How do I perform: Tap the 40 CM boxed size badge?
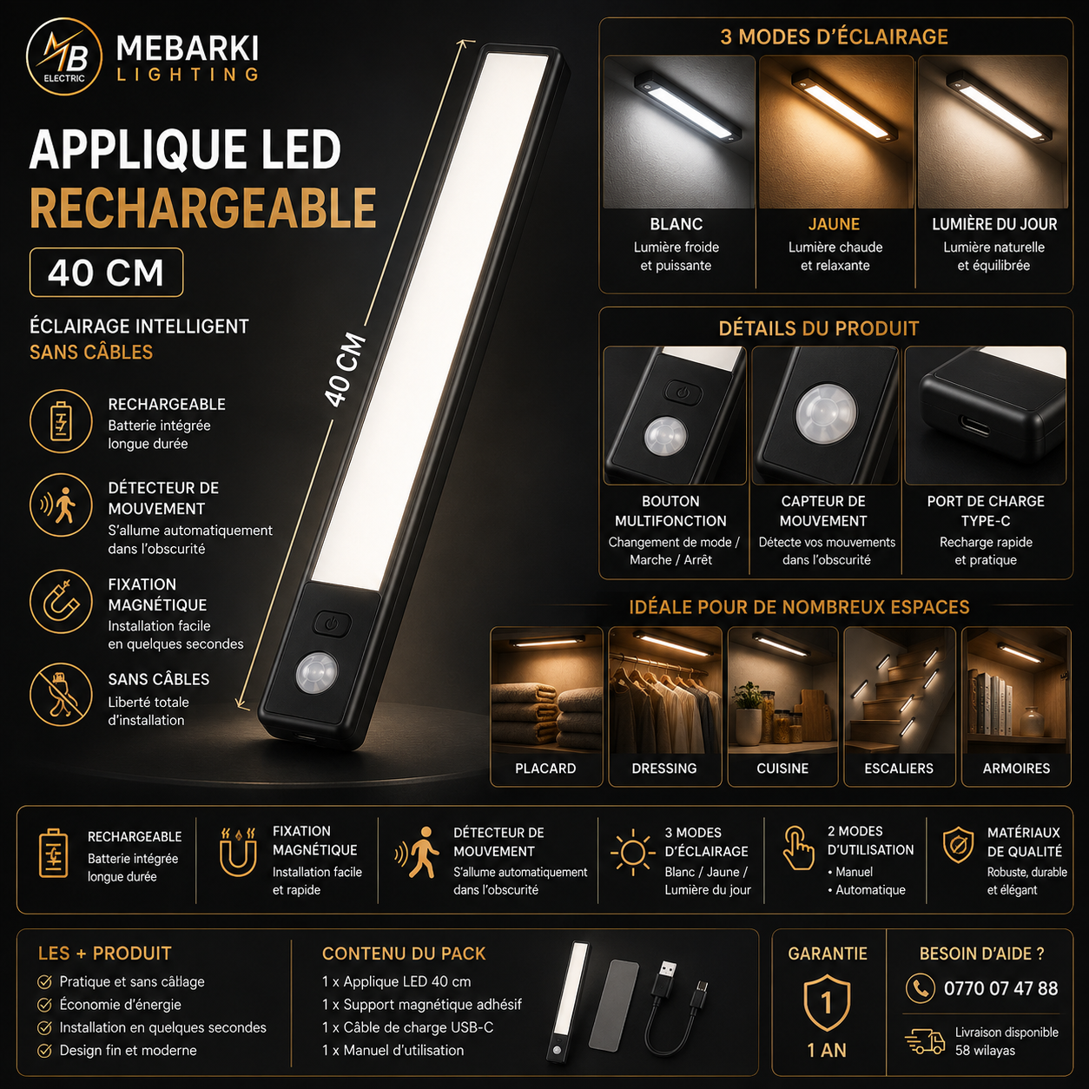click(106, 273)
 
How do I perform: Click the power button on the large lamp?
click(333, 624)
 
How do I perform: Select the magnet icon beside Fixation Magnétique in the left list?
click(61, 602)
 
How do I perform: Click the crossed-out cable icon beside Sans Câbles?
click(61, 695)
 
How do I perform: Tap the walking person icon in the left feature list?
click(61, 505)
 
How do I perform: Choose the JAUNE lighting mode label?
click(835, 224)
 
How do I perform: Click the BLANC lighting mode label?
click(676, 224)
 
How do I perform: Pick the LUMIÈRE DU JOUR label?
click(994, 224)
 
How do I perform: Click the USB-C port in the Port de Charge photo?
click(975, 426)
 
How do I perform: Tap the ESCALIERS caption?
click(899, 769)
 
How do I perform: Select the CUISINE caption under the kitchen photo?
click(782, 769)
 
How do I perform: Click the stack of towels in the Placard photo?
click(545, 716)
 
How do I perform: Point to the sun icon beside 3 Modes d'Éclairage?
click(633, 852)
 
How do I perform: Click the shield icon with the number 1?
click(827, 1002)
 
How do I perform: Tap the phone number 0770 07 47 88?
click(1000, 988)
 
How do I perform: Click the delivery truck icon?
click(925, 1041)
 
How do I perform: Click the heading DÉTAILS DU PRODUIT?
click(819, 329)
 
